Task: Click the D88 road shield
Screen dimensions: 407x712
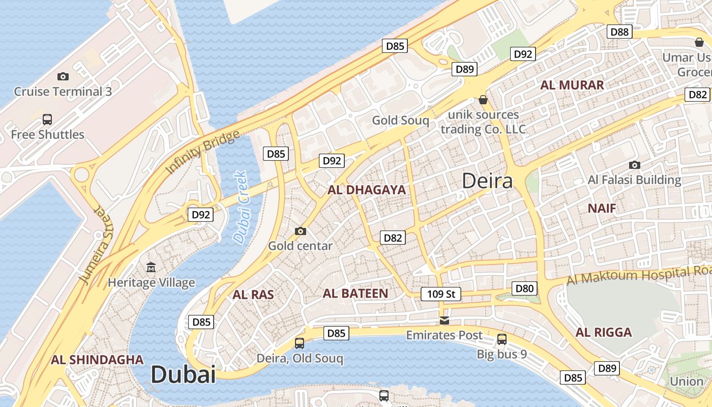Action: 619,32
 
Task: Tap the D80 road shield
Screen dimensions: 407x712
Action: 524,289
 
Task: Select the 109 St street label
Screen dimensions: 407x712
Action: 441,294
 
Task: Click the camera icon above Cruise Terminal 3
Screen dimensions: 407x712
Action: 63,76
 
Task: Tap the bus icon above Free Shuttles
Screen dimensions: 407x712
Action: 47,120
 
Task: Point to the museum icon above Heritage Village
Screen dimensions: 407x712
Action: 151,267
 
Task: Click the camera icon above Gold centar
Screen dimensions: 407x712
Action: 301,231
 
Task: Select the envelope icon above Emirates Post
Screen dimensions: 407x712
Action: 444,320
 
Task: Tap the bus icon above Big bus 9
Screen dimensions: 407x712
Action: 502,339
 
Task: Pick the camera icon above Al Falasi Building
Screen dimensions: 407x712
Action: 634,165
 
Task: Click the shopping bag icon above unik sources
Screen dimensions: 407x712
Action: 483,100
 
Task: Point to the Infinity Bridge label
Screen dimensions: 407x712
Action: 203,152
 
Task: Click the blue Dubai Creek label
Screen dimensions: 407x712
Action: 241,207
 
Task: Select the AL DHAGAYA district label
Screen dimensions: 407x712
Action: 367,190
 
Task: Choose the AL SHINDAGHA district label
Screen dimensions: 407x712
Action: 97,360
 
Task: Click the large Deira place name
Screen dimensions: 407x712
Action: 487,181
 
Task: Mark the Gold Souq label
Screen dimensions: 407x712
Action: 401,121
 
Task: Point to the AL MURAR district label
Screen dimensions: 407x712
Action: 572,85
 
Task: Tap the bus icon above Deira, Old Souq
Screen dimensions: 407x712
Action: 300,343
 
